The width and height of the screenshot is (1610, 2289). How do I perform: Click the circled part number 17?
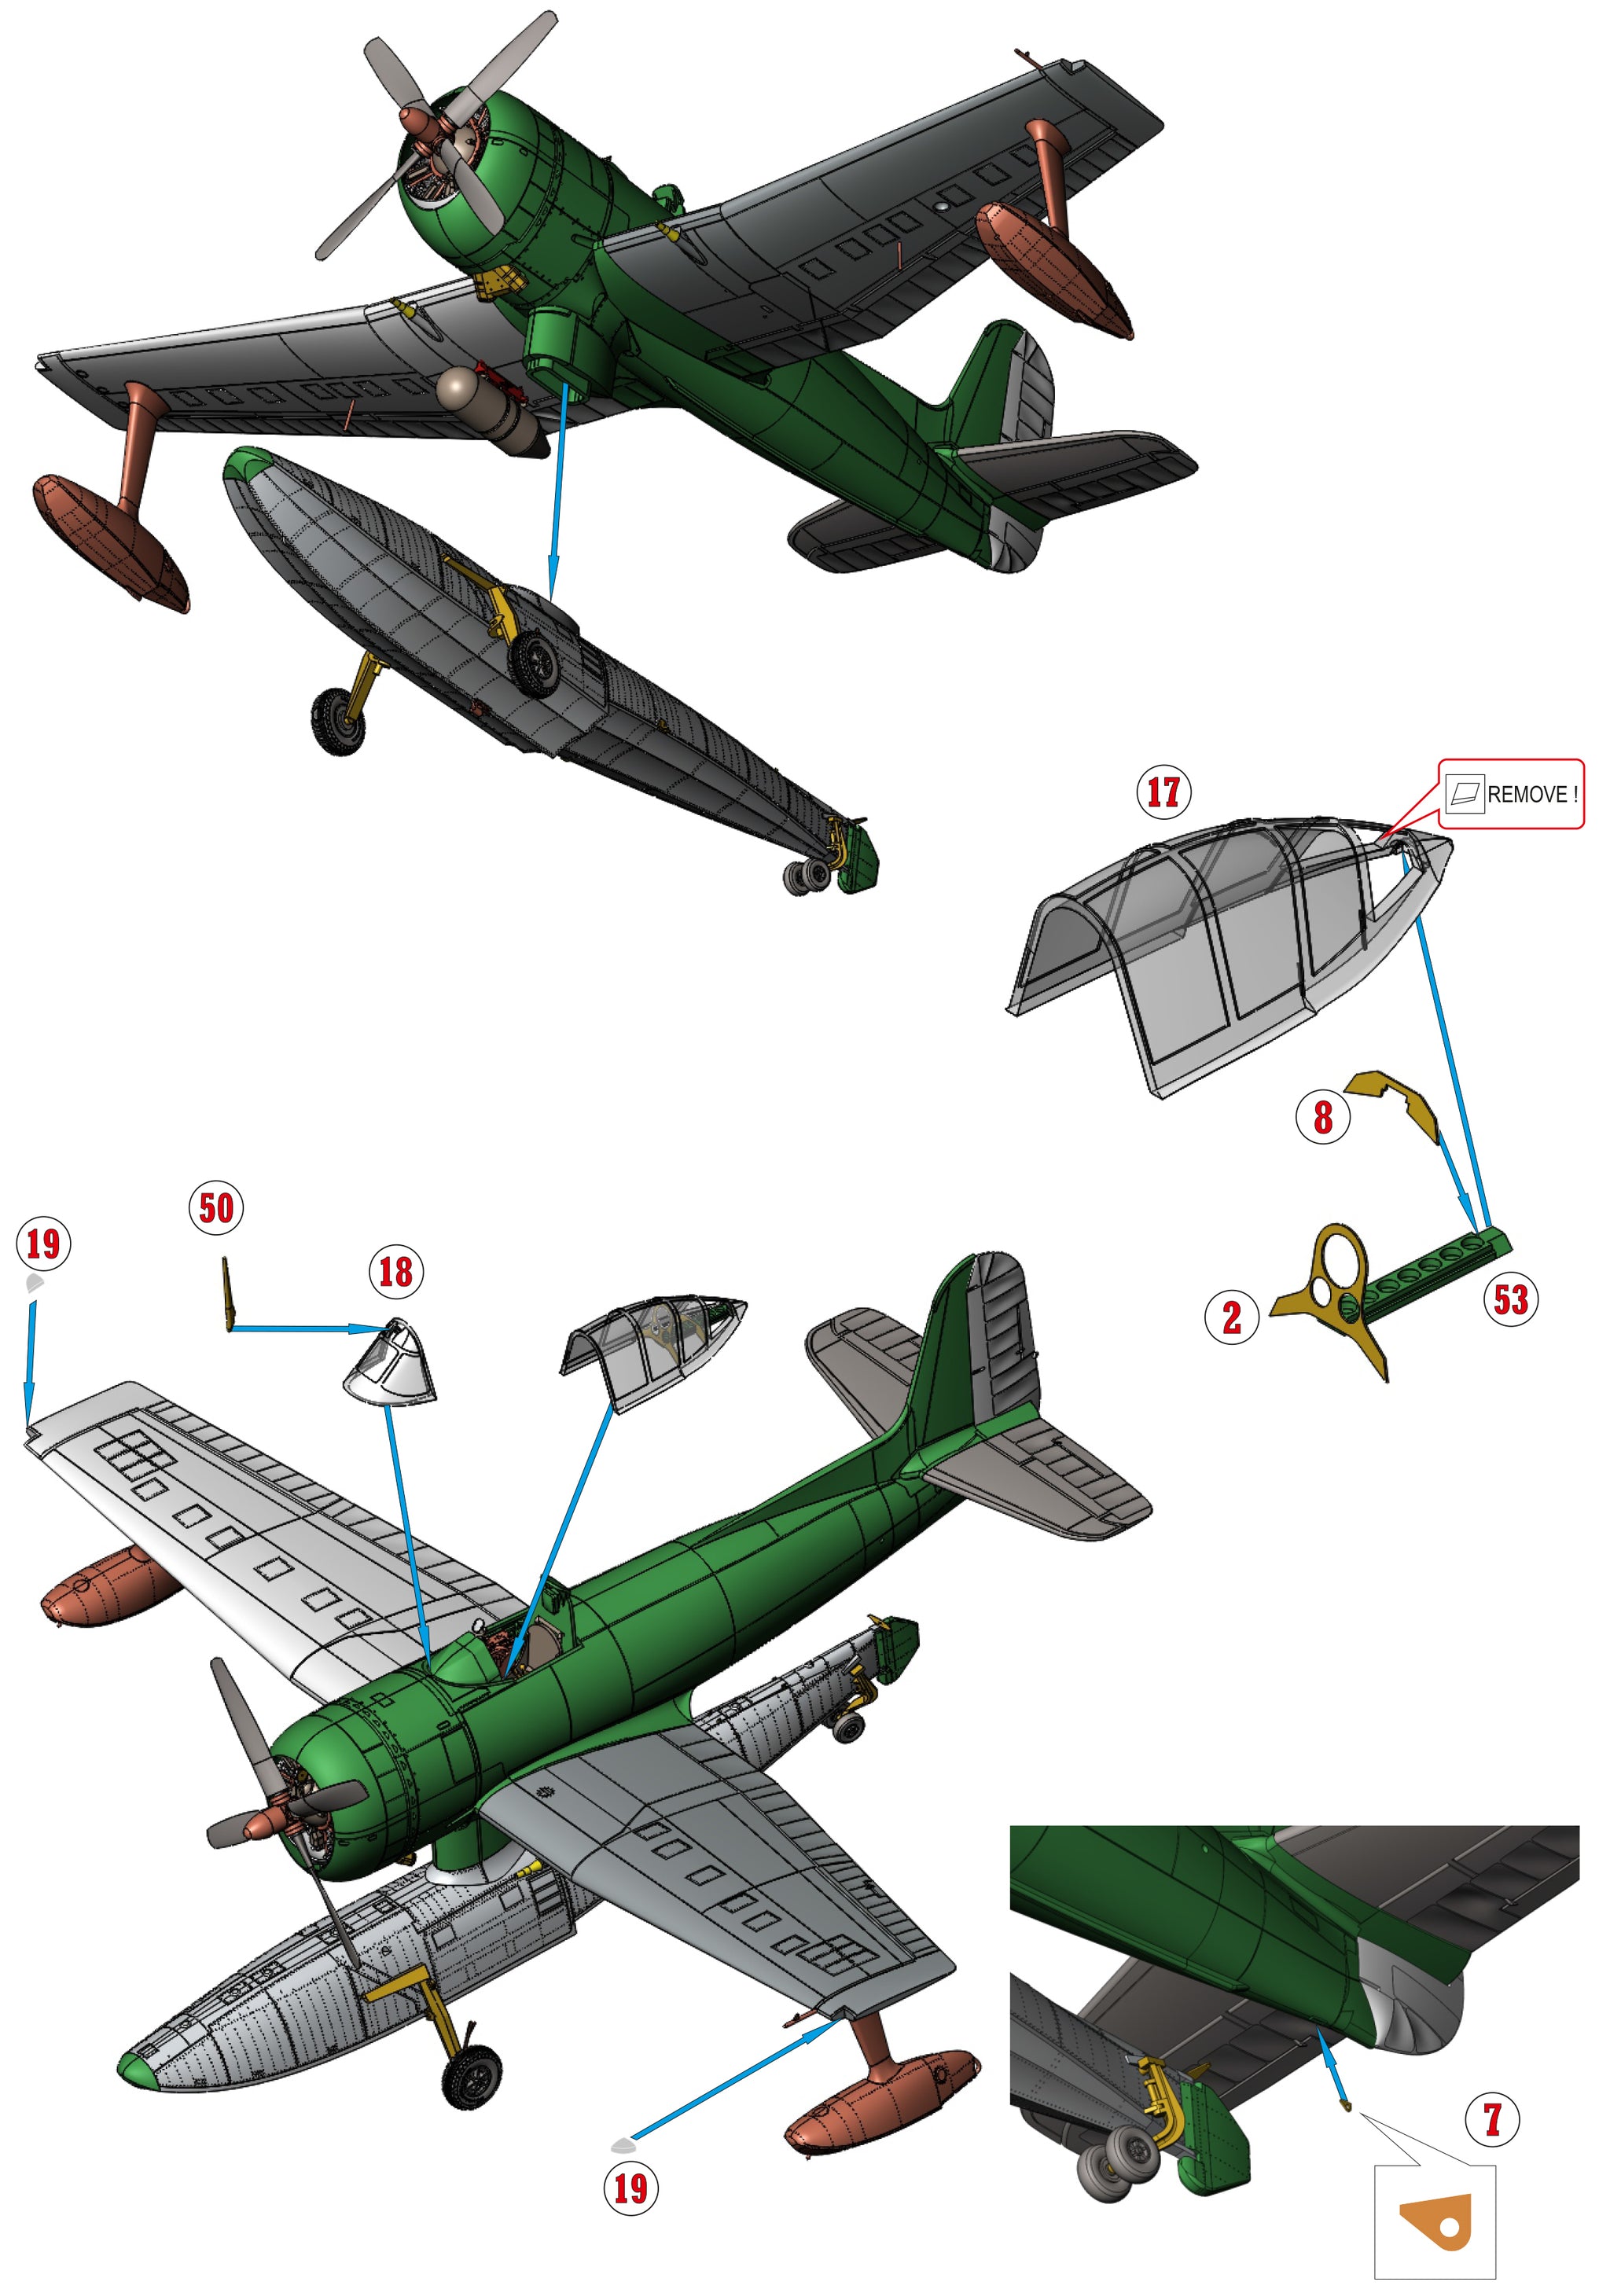(x=1163, y=792)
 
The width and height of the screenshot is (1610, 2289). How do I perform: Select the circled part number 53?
(x=1509, y=1299)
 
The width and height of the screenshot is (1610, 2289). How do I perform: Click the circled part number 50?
(x=216, y=1208)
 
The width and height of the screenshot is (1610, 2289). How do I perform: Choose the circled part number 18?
(x=395, y=1271)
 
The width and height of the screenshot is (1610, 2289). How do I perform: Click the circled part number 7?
(x=1491, y=2118)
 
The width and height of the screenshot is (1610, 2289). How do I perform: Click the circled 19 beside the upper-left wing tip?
(x=43, y=1244)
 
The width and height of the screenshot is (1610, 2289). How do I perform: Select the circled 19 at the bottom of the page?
(x=630, y=2188)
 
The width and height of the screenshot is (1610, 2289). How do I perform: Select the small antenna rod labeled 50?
(x=228, y=1293)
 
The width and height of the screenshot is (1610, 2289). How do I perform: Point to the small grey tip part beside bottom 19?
(x=622, y=2144)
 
